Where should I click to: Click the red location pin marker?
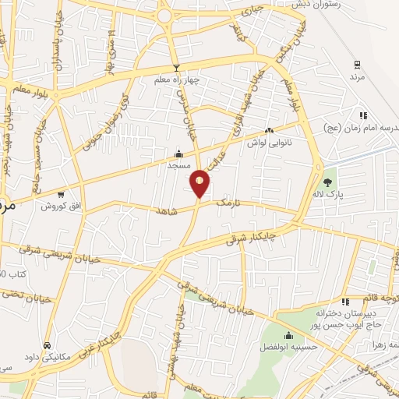(x=200, y=184)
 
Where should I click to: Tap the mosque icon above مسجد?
(x=178, y=154)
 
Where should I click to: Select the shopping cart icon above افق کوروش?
(x=61, y=194)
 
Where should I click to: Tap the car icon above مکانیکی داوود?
(x=48, y=344)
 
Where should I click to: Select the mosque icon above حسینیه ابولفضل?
(x=288, y=336)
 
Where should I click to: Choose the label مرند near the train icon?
(x=357, y=77)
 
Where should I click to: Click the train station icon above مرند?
(x=357, y=65)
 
